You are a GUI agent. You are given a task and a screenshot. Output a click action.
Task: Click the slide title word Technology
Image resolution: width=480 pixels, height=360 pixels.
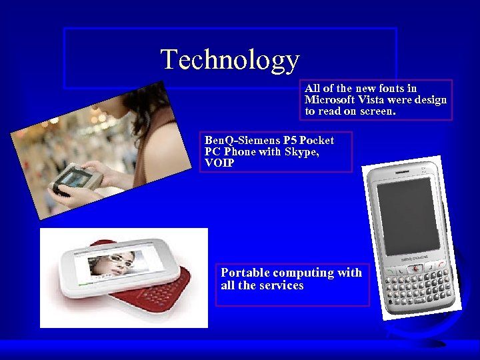click(x=230, y=59)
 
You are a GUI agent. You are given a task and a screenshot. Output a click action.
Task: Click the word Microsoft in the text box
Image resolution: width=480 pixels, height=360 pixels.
click(x=329, y=100)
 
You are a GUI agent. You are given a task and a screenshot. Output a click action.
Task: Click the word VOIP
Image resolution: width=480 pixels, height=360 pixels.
click(x=219, y=163)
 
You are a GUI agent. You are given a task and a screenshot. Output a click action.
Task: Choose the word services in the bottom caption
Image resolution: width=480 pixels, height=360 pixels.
click(x=281, y=285)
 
